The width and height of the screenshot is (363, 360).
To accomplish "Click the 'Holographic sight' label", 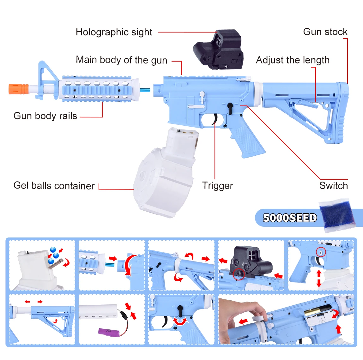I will click(114, 32).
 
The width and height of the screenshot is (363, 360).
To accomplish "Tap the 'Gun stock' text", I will click(325, 32).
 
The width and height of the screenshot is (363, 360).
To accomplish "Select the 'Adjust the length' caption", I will click(293, 60).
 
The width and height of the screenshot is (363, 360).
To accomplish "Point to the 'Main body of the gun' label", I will click(121, 60).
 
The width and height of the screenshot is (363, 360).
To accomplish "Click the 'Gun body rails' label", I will click(45, 116).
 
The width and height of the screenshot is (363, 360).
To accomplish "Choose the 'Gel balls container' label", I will click(54, 186).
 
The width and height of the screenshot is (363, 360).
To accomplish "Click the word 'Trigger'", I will click(217, 186).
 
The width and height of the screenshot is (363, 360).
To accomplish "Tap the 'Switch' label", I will click(333, 186).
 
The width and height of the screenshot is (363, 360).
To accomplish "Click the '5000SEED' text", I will click(290, 218).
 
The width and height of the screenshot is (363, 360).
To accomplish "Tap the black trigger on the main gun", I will click(215, 119).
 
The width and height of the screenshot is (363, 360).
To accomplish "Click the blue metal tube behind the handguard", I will click(145, 90).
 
